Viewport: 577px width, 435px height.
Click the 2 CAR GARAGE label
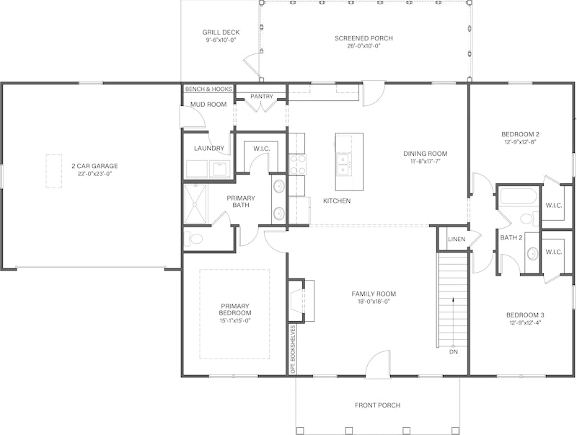[x=94, y=166]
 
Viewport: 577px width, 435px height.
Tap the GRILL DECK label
[x=221, y=32]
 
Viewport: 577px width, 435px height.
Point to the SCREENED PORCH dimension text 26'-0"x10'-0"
[x=364, y=46]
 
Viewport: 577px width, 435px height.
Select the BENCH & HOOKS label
[x=208, y=89]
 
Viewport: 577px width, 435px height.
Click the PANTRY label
[x=262, y=97]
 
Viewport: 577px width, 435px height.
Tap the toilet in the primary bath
[x=193, y=239]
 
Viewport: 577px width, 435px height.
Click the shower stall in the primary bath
[x=195, y=204]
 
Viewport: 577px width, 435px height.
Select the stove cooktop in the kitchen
[x=298, y=164]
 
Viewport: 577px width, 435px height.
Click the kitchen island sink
[x=343, y=164]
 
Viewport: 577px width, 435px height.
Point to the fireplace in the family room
[x=297, y=301]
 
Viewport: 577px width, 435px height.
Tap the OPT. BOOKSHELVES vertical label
[x=293, y=349]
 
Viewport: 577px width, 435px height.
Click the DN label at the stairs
[x=454, y=352]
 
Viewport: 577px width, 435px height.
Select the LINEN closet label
[x=457, y=240]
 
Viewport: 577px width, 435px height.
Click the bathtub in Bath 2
[x=519, y=197]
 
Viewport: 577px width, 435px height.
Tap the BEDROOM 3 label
[x=525, y=315]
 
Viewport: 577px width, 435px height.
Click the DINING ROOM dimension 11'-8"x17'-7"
[x=425, y=161]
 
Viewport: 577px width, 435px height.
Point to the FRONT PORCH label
[x=377, y=405]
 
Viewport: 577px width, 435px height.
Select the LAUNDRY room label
[x=209, y=149]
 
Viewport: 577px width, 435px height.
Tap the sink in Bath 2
[x=532, y=253]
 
